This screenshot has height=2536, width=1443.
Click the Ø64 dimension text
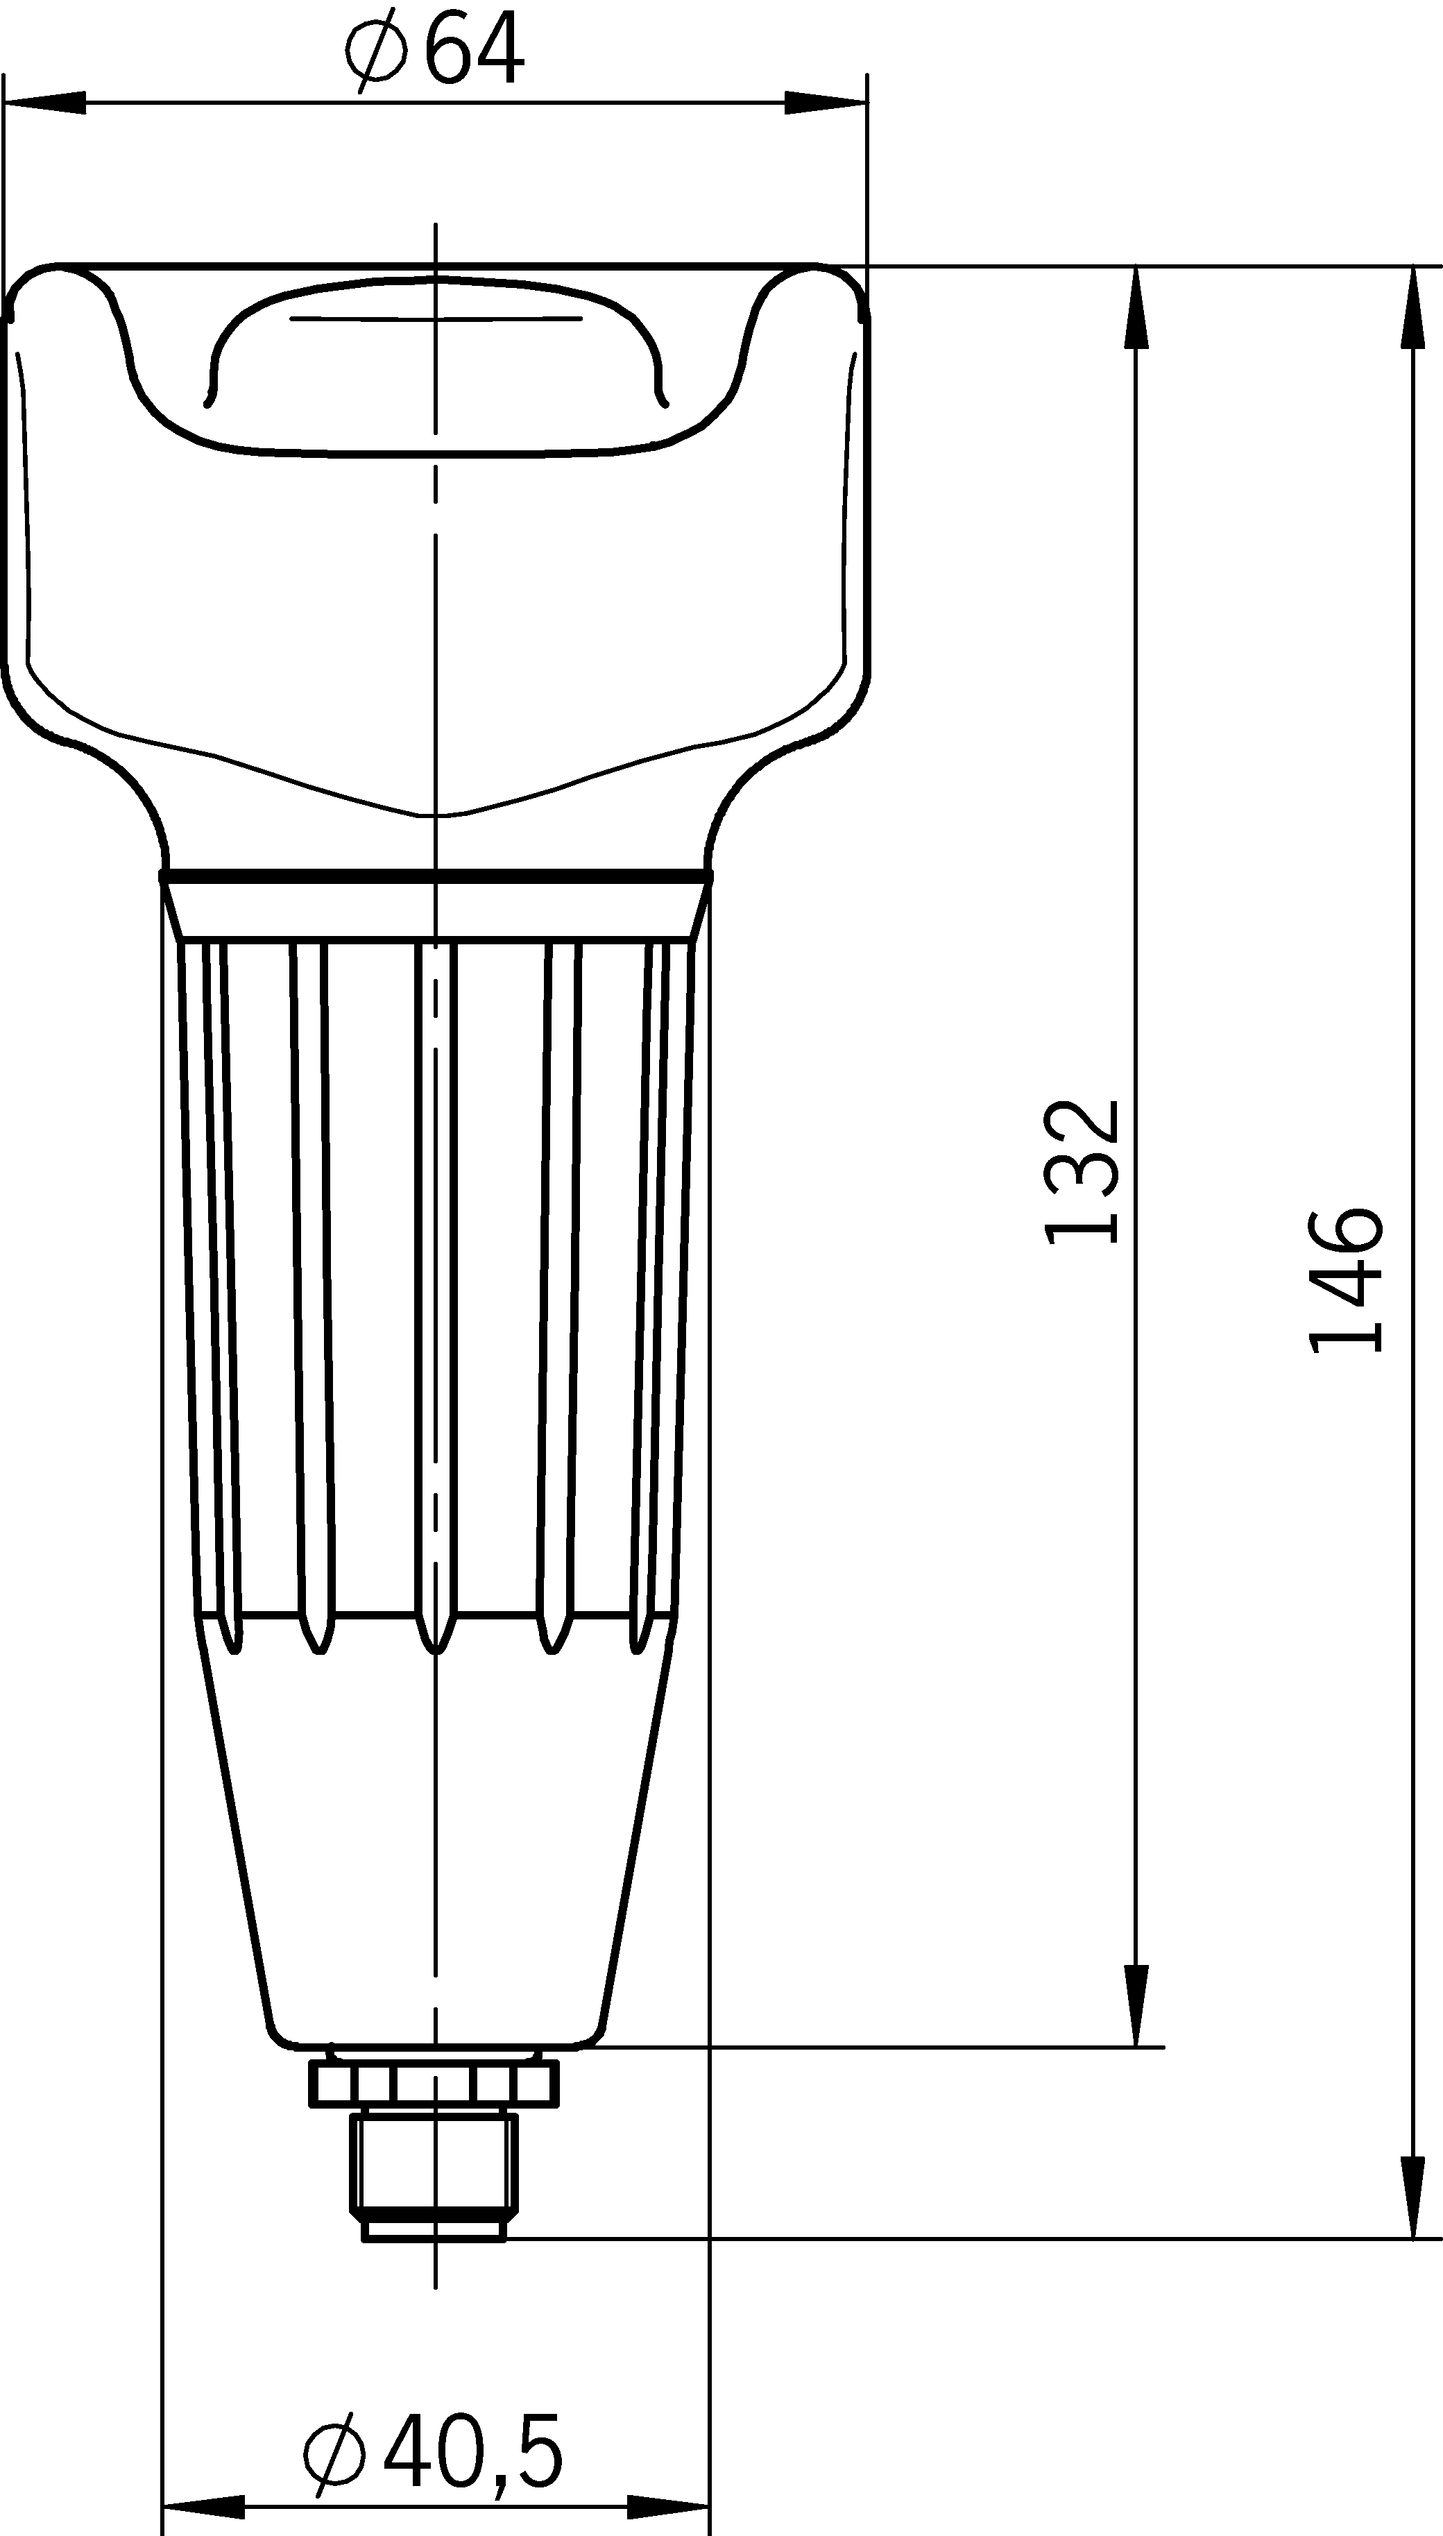point(434,49)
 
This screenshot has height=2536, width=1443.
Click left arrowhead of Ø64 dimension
point(44,102)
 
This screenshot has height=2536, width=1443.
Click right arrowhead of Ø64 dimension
point(826,102)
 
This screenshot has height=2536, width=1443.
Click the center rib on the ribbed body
point(435,1288)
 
